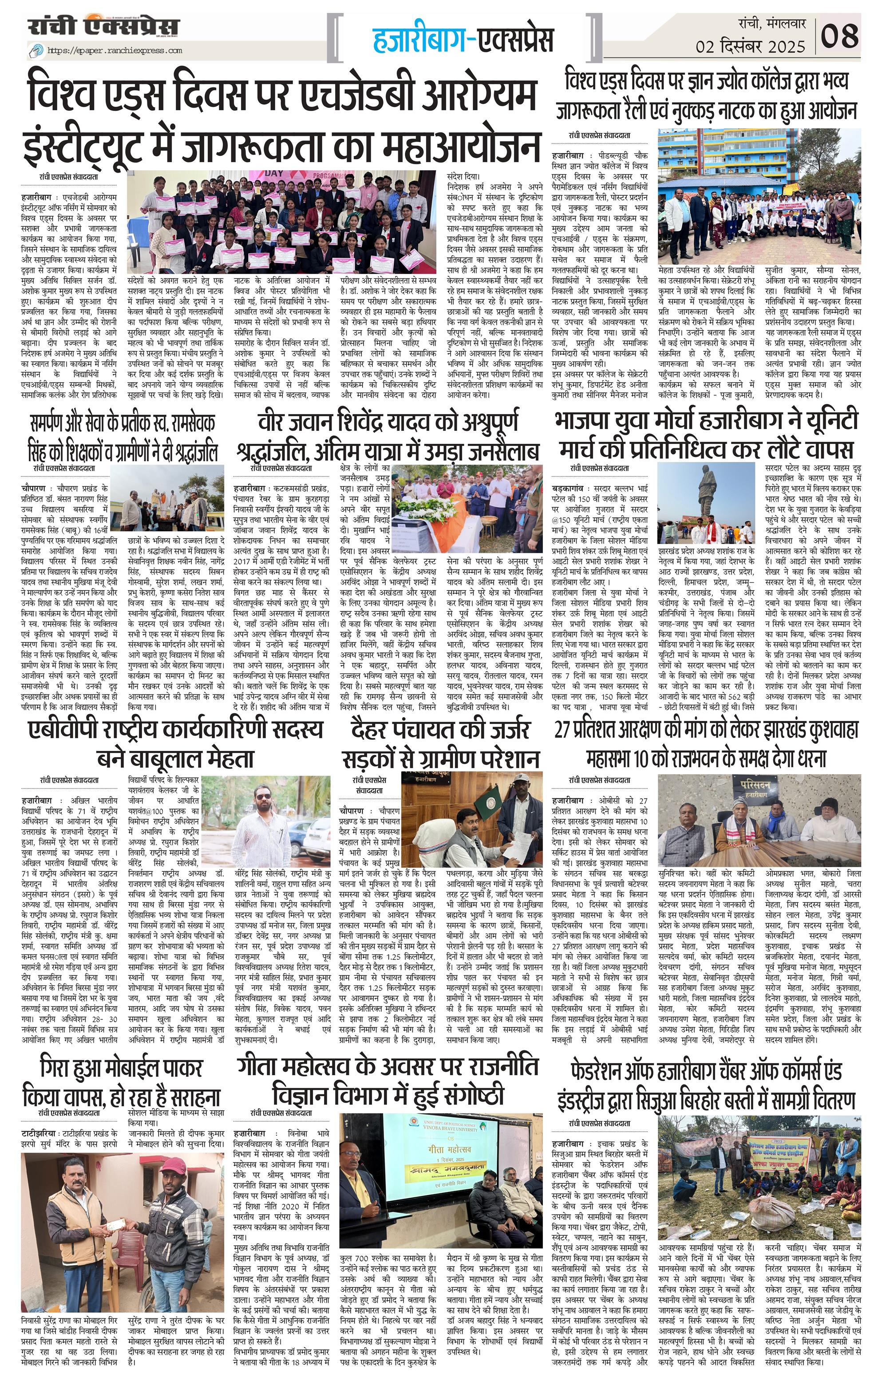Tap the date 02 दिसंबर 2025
750,46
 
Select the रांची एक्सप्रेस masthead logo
104,27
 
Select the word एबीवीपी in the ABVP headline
63,730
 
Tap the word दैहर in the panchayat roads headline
376,730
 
